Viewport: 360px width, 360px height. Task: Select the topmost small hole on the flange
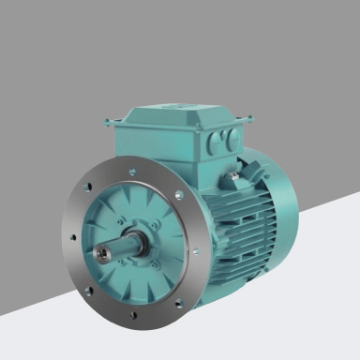coord(130,172)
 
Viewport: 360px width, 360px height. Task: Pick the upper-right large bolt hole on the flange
coord(177,195)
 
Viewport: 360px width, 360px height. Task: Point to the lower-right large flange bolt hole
coord(177,302)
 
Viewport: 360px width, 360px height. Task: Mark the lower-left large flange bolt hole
coord(89,291)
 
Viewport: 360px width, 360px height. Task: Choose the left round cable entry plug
coord(212,141)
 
